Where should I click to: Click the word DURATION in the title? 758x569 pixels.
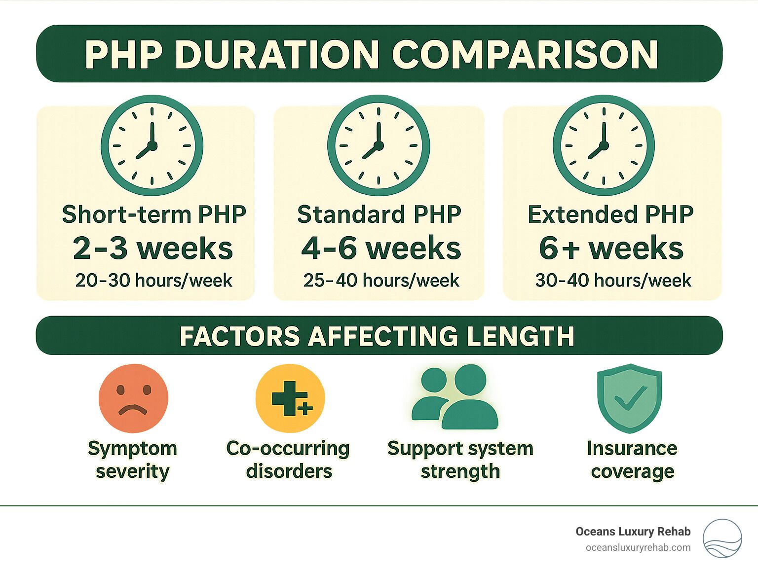[x=280, y=55]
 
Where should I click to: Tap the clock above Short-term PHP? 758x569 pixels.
[x=152, y=145]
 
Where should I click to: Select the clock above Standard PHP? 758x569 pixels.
[x=379, y=145]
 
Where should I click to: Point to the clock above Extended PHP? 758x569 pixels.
[x=604, y=145]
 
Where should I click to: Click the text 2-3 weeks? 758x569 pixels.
[x=153, y=248]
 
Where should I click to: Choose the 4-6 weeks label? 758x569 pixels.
[x=381, y=248]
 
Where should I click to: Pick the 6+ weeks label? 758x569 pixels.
[x=611, y=248]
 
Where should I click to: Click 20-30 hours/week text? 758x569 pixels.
[x=153, y=280]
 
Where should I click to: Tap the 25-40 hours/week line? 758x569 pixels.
[x=381, y=280]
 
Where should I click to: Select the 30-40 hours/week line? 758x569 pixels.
[x=613, y=280]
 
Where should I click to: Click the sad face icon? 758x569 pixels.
[x=133, y=398]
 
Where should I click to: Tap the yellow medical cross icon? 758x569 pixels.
[x=290, y=398]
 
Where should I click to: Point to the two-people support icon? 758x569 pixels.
[x=455, y=397]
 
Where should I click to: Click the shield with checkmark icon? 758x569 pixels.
[x=629, y=398]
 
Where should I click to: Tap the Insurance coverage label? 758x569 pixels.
[x=632, y=460]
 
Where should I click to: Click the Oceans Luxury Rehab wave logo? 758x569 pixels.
[x=722, y=538]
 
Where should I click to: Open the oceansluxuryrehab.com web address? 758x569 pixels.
[x=638, y=548]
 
